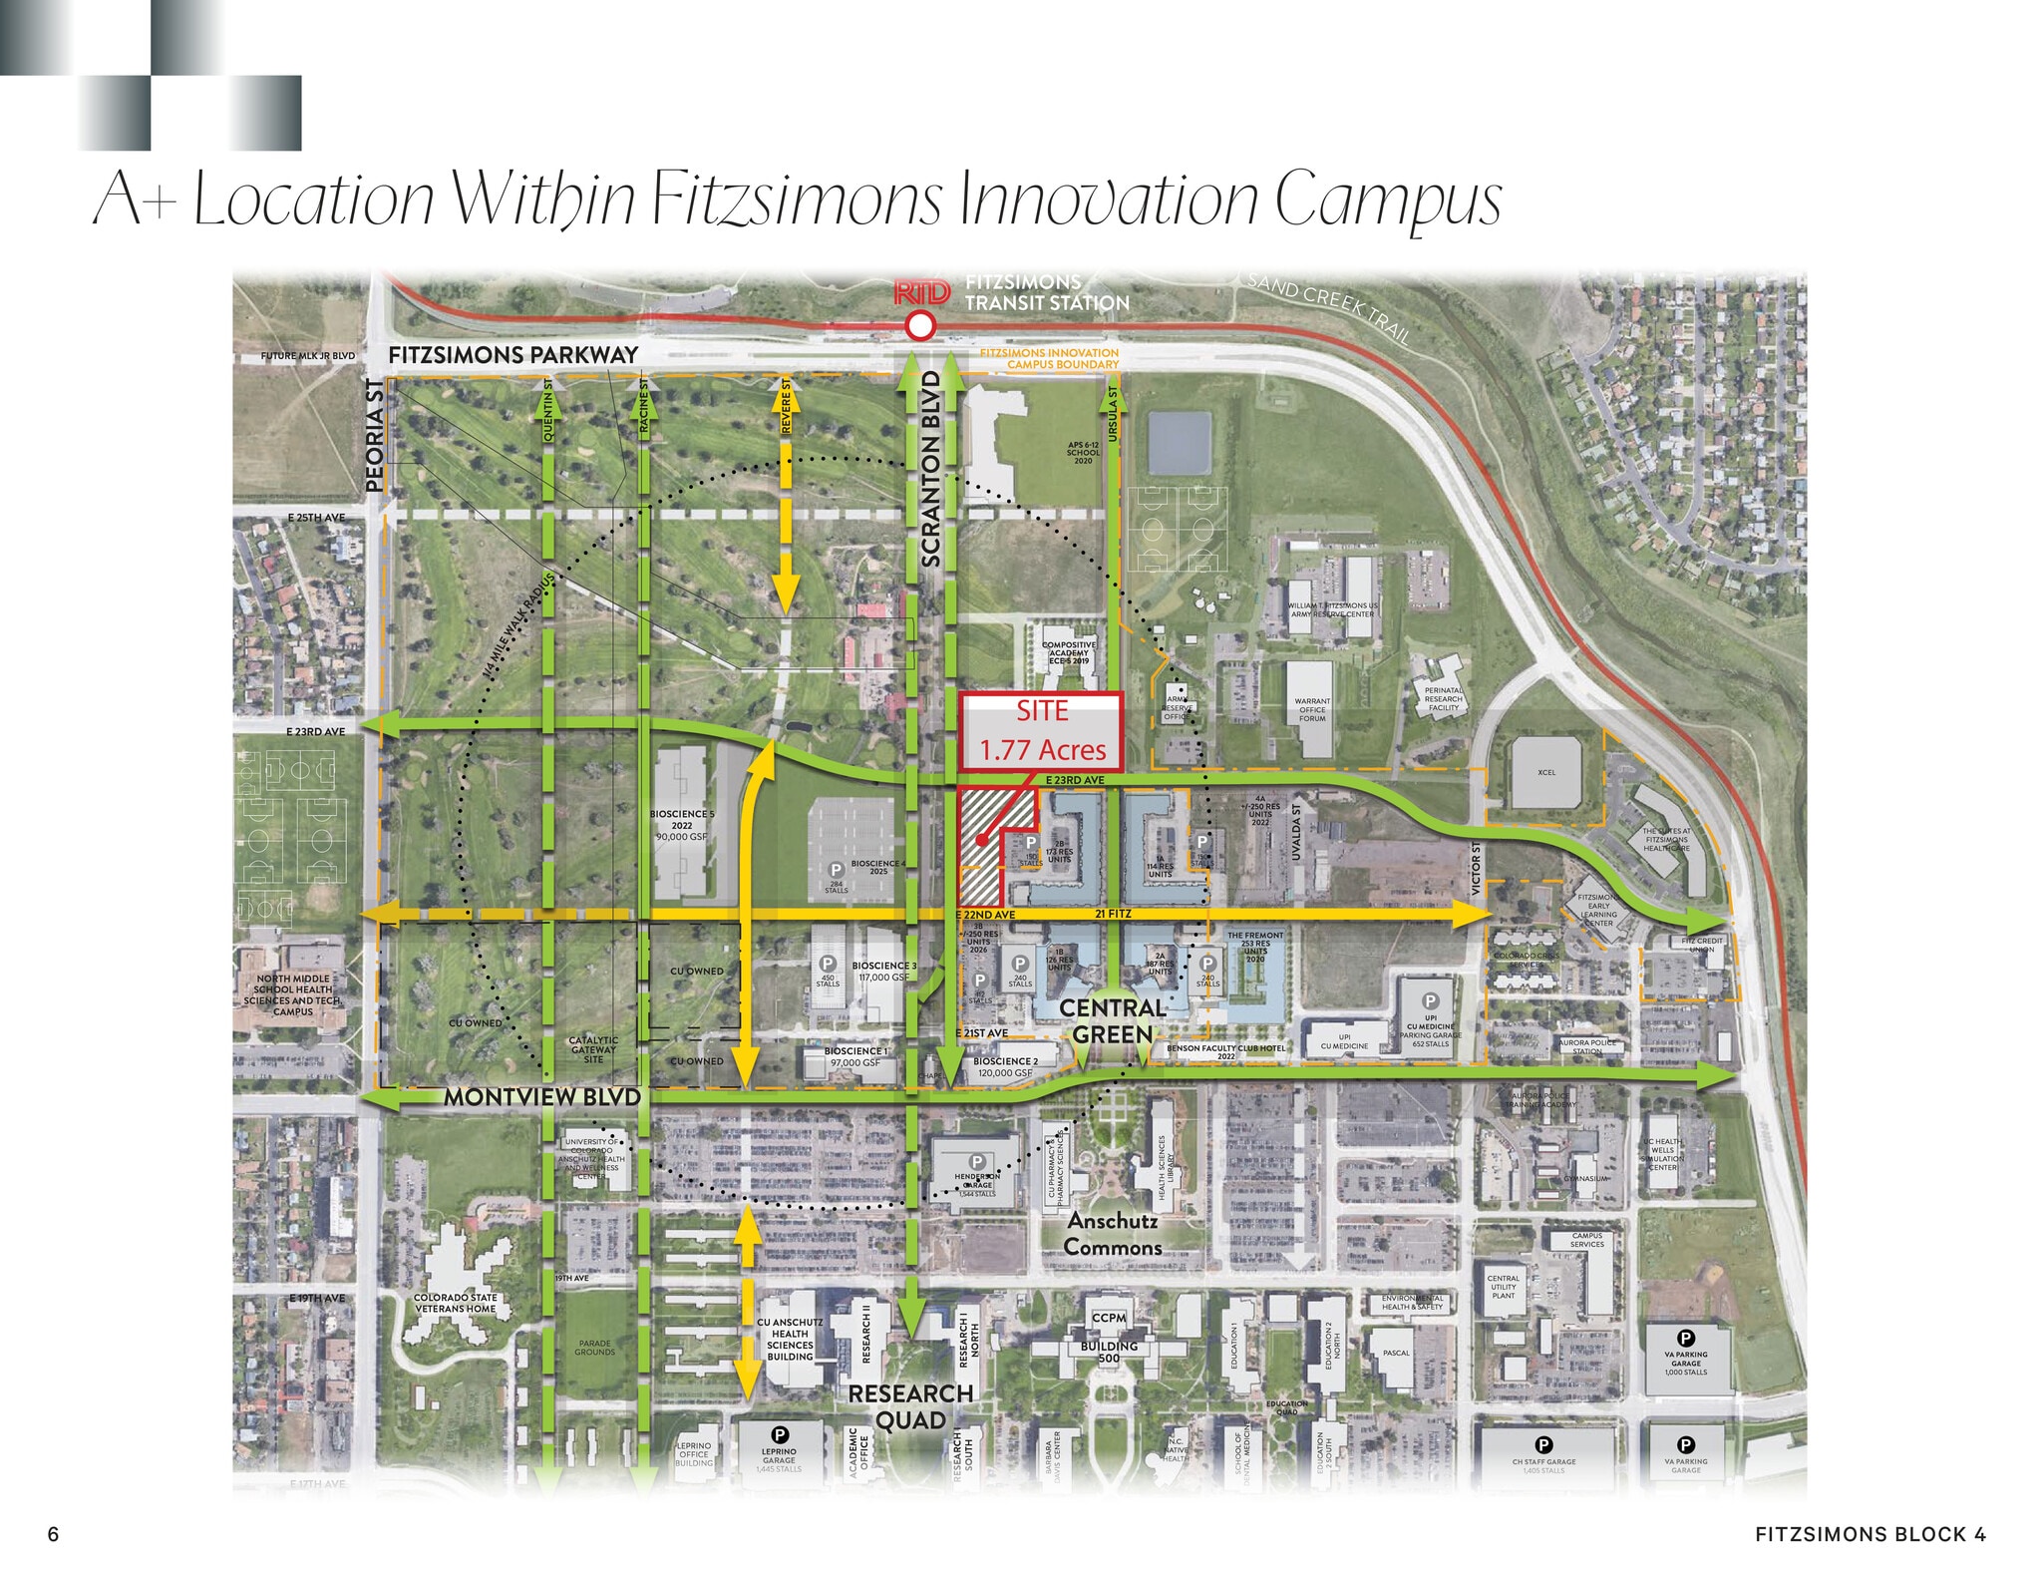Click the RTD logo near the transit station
tap(922, 292)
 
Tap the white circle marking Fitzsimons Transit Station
tap(920, 325)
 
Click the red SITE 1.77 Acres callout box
tap(1042, 731)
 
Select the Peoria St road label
tap(375, 435)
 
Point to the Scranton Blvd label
tap(931, 469)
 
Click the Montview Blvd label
tap(542, 1096)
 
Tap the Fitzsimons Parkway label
tap(512, 355)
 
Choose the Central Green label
tap(1113, 1021)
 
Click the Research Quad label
tap(910, 1406)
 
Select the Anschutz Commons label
tap(1113, 1234)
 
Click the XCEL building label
tap(1545, 772)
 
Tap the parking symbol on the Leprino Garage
tap(781, 1435)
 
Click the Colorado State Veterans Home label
tap(456, 1303)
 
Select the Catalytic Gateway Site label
tap(593, 1049)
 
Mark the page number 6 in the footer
tap(54, 1534)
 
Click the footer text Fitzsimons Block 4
tap(1871, 1534)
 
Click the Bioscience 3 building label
tap(884, 971)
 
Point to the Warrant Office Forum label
tap(1312, 709)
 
